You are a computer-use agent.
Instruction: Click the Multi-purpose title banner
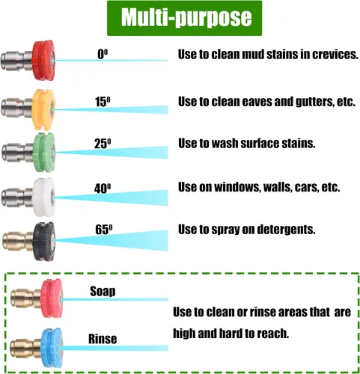click(x=184, y=18)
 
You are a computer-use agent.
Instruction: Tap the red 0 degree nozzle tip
click(x=28, y=61)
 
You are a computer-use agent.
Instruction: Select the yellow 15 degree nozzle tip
click(x=28, y=109)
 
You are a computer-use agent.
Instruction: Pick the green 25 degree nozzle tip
click(x=28, y=152)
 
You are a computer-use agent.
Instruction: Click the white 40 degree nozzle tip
click(x=28, y=197)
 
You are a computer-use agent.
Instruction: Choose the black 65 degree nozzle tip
click(x=28, y=241)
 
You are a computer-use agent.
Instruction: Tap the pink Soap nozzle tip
click(x=37, y=298)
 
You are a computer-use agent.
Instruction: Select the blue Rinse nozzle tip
click(x=37, y=348)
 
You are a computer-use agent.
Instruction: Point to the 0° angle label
click(x=103, y=54)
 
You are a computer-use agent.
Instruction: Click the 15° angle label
click(x=103, y=102)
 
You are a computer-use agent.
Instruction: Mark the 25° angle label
click(x=103, y=144)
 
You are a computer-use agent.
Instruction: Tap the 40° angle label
click(x=103, y=188)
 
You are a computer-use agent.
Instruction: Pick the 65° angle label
click(x=104, y=230)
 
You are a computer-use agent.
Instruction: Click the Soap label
click(x=103, y=291)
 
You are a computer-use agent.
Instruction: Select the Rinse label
click(x=103, y=339)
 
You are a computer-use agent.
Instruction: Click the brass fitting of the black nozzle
click(x=17, y=241)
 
